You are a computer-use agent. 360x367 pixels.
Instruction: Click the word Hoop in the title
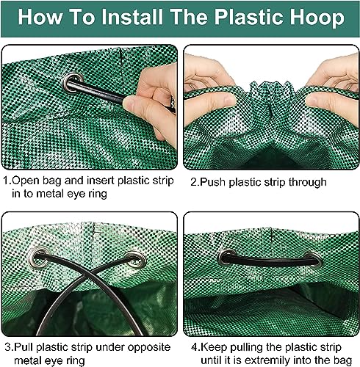pos(317,17)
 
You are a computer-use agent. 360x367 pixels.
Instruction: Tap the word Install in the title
pos(132,17)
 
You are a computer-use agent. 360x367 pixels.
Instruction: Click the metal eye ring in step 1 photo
pos(73,82)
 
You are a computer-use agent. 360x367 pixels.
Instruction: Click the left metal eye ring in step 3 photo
pos(39,257)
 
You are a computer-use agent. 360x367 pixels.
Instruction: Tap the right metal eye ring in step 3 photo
pos(135,259)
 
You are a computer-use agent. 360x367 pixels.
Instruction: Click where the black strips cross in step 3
pos(87,275)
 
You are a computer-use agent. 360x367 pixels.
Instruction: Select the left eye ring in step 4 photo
pos(227,257)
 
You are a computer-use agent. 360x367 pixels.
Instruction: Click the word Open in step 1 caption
pos(26,181)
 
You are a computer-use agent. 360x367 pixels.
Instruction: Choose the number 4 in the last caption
pos(194,347)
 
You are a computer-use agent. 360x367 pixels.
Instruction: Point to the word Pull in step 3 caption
pos(23,347)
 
